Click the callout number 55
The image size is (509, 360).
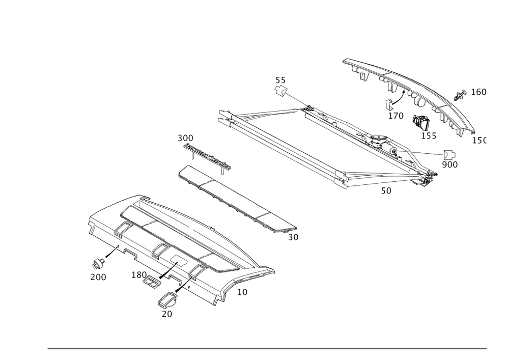click(280, 80)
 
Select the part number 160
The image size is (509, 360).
click(478, 92)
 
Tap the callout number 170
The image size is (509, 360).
click(395, 116)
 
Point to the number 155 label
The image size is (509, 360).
click(429, 135)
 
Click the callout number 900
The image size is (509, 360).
click(449, 164)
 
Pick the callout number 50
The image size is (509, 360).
click(386, 191)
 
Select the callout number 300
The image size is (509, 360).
click(185, 138)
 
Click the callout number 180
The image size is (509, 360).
click(139, 275)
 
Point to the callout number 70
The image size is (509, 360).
click(166, 314)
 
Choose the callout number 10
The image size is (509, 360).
click(243, 292)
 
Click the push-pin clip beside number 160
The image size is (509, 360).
click(460, 95)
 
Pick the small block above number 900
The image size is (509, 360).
click(450, 155)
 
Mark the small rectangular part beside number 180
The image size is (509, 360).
click(152, 282)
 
